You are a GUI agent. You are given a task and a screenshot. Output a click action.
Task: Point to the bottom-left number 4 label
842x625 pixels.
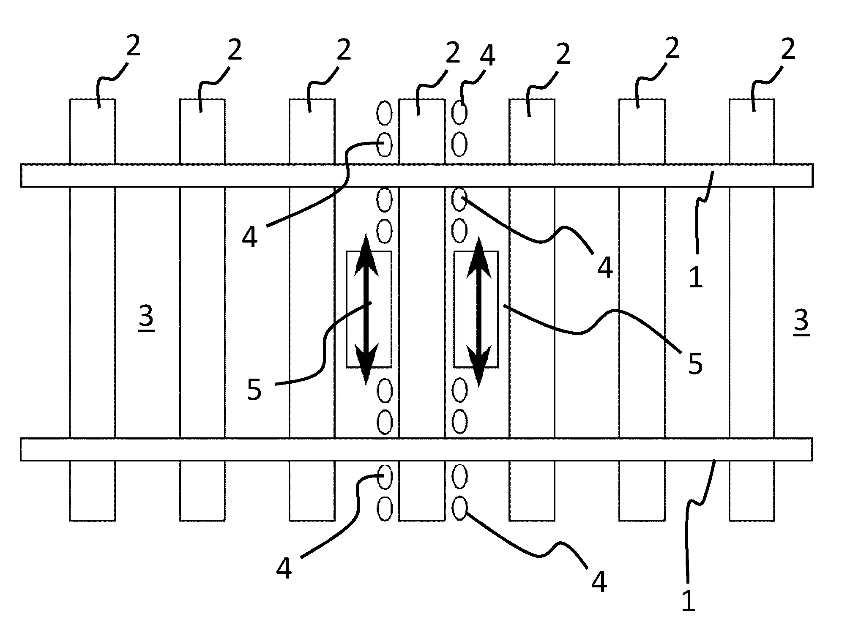284,568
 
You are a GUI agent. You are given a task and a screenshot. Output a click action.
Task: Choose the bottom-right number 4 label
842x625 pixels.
599,581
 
